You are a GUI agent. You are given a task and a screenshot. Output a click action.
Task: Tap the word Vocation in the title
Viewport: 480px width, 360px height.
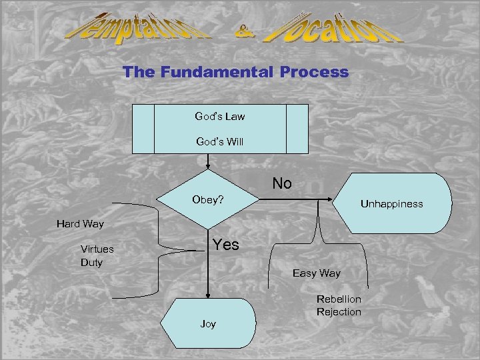tap(334, 29)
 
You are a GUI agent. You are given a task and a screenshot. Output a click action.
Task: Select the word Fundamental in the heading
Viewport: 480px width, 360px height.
tap(215, 72)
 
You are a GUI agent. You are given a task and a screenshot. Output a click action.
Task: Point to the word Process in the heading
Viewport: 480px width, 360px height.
tap(314, 72)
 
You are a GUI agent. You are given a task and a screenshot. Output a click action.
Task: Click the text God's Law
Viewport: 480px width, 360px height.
tap(219, 117)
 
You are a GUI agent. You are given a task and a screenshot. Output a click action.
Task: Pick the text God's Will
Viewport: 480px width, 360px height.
tap(219, 141)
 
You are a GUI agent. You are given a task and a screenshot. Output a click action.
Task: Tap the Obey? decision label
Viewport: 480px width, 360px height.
tap(207, 199)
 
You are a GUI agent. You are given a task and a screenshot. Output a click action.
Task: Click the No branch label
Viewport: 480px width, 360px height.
tap(282, 183)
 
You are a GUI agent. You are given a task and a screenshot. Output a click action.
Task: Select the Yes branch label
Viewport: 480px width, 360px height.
tap(225, 245)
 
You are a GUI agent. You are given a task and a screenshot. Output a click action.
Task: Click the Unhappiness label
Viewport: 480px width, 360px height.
tap(391, 203)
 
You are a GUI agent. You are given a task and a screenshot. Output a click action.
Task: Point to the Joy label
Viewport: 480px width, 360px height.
tap(208, 324)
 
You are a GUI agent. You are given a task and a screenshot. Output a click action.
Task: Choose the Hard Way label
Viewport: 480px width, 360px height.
tap(80, 224)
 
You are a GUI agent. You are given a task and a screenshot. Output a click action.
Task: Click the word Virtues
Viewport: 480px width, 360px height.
tap(97, 249)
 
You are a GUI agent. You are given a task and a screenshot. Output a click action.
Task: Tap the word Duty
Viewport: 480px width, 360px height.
tap(92, 263)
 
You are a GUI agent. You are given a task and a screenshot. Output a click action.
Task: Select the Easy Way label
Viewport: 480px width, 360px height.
tap(316, 273)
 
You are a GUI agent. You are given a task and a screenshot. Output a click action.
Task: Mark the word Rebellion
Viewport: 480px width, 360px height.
tap(339, 299)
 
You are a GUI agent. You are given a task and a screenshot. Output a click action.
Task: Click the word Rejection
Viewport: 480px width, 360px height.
tap(339, 312)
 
